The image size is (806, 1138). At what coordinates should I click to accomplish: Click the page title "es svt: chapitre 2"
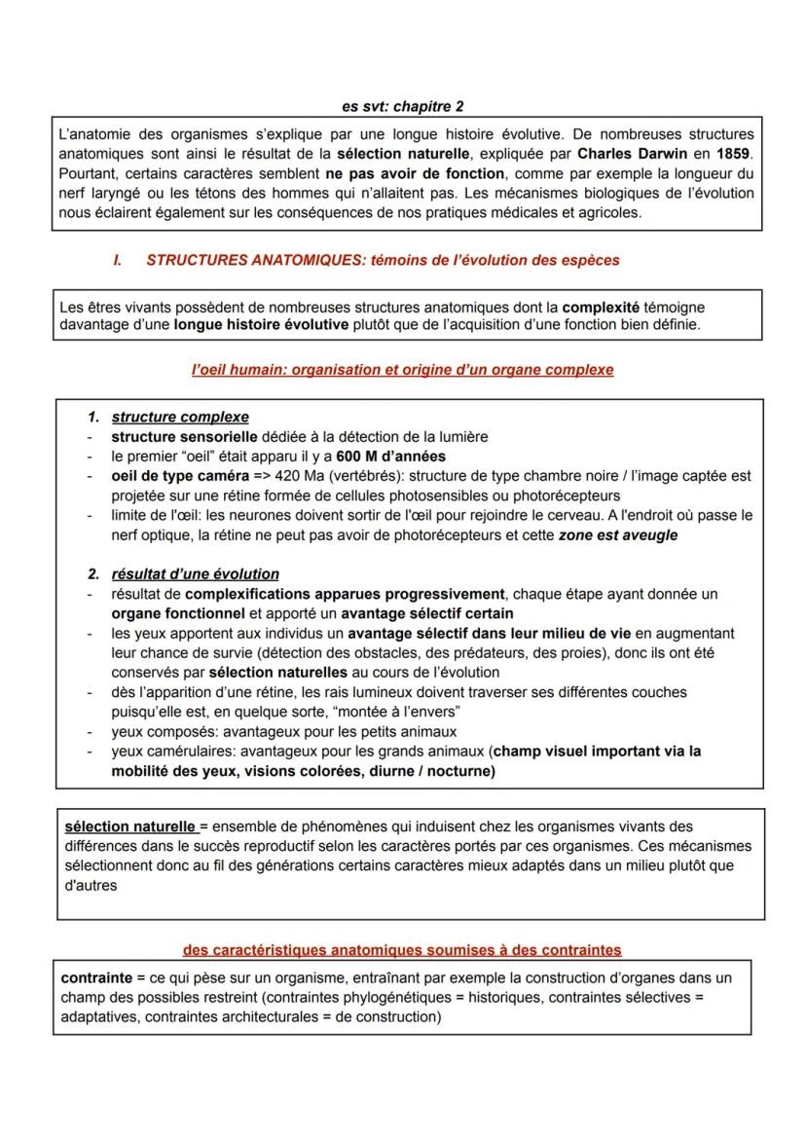[403, 105]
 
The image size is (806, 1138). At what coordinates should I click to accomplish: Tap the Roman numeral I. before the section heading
[118, 260]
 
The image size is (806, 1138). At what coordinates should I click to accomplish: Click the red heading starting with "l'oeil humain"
[402, 370]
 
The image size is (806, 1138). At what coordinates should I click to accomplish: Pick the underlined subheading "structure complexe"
[180, 418]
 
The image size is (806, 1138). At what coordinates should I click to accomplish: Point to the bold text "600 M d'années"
[391, 457]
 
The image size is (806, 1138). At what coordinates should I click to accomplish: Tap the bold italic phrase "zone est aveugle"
[617, 535]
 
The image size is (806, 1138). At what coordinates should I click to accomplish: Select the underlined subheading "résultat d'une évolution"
[196, 574]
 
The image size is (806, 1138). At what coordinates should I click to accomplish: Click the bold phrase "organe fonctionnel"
[178, 613]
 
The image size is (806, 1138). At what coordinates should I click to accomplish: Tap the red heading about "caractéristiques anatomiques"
[402, 949]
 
